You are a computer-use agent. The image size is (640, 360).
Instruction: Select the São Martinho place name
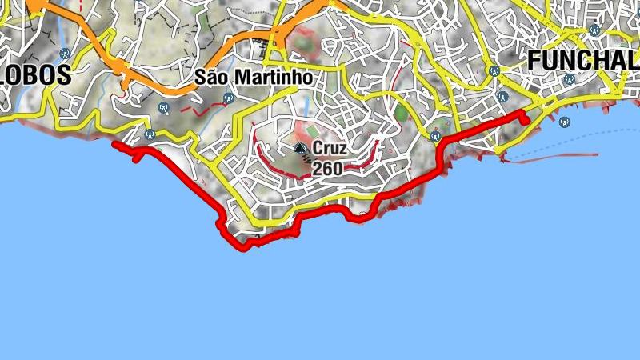(254, 78)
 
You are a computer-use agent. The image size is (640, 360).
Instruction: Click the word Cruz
(330, 148)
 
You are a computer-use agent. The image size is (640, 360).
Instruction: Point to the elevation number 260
(327, 169)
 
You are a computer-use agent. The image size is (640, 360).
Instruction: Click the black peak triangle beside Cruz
(301, 148)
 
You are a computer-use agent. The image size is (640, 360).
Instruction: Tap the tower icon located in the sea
(565, 122)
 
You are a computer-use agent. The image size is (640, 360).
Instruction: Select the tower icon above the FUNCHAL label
(593, 30)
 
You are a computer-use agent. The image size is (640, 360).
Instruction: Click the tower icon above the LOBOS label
(65, 54)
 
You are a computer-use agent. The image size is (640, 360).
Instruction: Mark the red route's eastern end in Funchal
(526, 119)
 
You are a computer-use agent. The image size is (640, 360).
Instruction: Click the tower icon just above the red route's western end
(150, 134)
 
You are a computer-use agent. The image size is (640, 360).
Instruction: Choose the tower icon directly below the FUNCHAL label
(569, 79)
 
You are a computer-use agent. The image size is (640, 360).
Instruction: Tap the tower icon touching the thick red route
(436, 137)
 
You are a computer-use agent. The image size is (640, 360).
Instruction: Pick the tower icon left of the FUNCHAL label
(494, 70)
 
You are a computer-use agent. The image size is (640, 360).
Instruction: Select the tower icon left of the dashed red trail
(163, 106)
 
